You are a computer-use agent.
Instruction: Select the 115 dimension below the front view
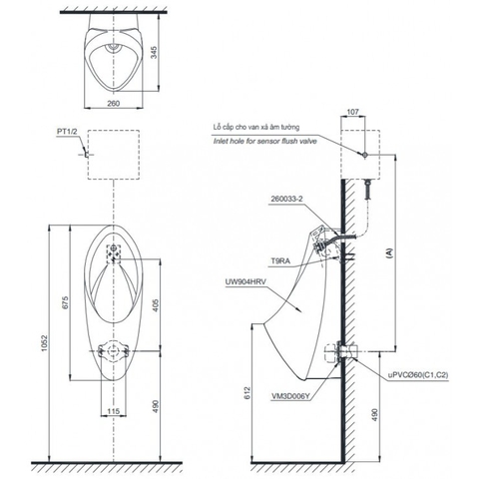pyautogui.click(x=115, y=412)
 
